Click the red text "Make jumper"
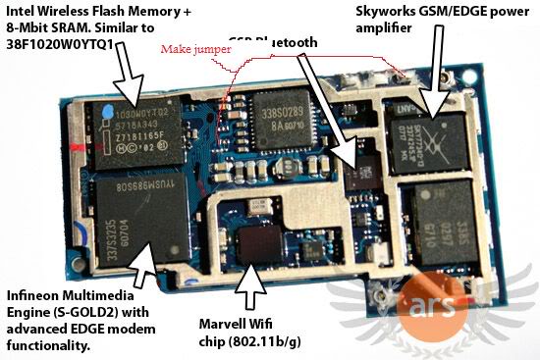click(190, 47)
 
